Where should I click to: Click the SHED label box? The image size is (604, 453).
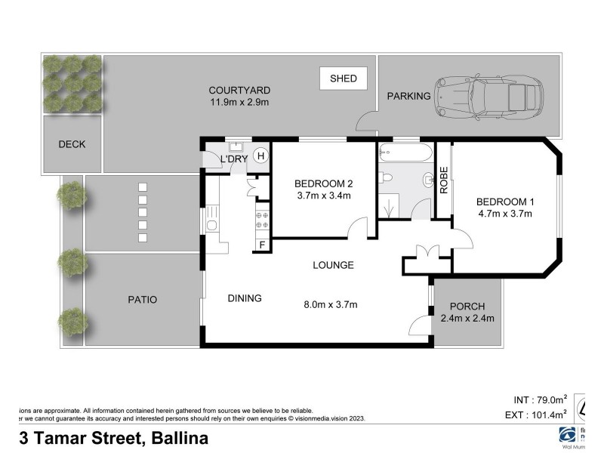click(x=343, y=78)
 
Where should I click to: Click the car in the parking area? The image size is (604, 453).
click(x=488, y=97)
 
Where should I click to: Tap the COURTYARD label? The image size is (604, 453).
click(x=240, y=91)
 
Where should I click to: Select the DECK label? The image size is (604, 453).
click(x=72, y=144)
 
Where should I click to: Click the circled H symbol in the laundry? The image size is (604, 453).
click(x=260, y=156)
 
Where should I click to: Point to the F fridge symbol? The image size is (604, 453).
click(x=262, y=244)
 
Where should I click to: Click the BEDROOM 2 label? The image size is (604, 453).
click(x=323, y=183)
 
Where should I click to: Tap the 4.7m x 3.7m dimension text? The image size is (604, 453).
click(x=504, y=214)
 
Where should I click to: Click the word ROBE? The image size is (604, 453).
click(x=445, y=180)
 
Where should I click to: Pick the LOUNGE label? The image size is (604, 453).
click(x=334, y=266)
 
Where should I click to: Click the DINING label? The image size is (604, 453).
click(x=245, y=298)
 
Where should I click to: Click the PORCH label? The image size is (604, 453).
click(x=467, y=306)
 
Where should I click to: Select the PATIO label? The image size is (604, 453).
click(x=142, y=300)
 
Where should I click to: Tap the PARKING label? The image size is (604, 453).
click(x=408, y=96)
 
